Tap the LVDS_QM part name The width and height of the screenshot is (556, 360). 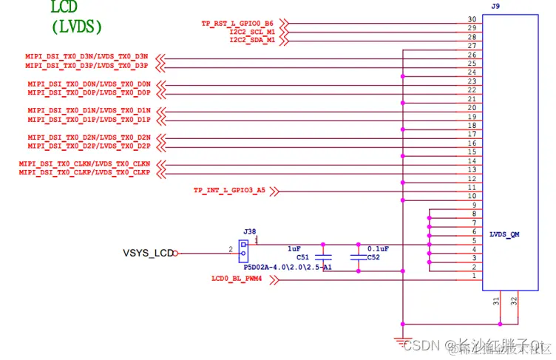coord(504,234)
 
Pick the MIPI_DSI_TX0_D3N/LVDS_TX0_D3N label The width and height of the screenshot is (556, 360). coord(87,57)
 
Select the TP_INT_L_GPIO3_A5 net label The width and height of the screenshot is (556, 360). coord(228,191)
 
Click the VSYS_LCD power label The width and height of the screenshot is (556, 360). coord(148,254)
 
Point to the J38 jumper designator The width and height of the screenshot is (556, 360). coord(249,232)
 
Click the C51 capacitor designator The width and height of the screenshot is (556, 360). coord(303,258)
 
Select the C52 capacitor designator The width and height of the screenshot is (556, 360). coord(373,258)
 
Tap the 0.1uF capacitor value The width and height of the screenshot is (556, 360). coord(377,249)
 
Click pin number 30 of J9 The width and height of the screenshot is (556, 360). coord(472,20)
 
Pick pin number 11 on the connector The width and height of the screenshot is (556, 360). coord(472,188)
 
